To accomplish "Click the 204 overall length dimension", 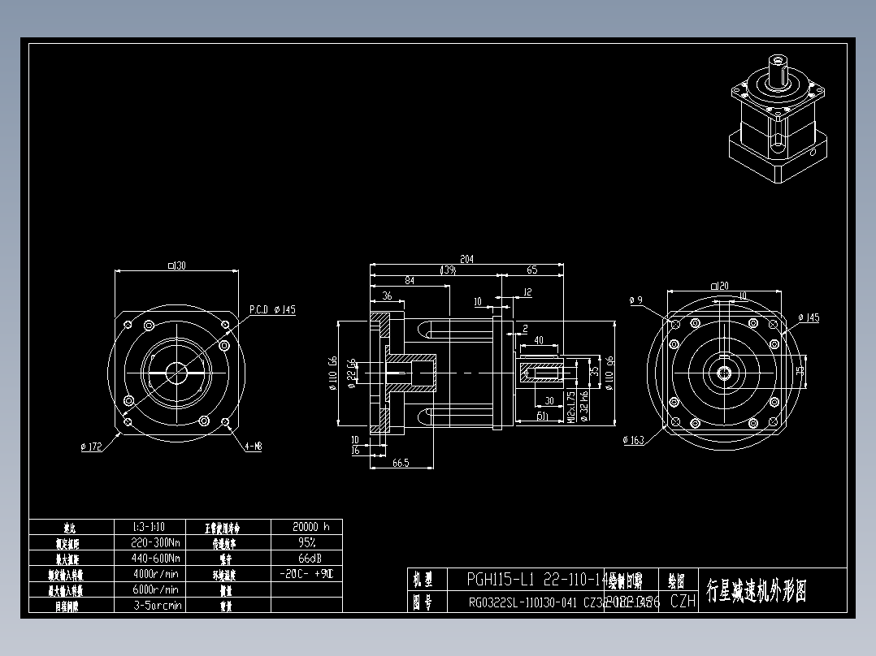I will (x=466, y=259).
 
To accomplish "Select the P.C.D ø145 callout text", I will (x=272, y=310).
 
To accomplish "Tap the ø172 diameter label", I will (x=91, y=447).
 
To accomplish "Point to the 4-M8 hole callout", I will (x=254, y=446).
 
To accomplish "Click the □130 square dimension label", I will (x=176, y=265).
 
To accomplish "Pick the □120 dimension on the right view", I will (x=719, y=285).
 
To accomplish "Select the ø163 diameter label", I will (x=634, y=440).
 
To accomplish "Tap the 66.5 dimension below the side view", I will (x=400, y=463).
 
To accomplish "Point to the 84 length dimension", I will (x=409, y=281).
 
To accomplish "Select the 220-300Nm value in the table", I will (x=156, y=542).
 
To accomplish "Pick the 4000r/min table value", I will (x=156, y=574).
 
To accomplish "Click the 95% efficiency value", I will (x=307, y=542).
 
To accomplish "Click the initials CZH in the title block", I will (x=683, y=602).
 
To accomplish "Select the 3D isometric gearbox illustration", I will (x=779, y=122).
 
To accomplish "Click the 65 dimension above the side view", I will (x=532, y=270).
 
